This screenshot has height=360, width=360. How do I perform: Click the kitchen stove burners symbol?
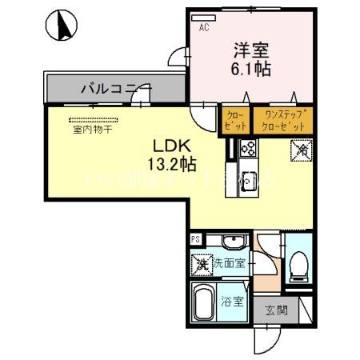(x=247, y=148)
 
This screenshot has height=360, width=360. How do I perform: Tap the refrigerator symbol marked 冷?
(x=304, y=149)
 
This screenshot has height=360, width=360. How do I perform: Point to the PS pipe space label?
(x=195, y=239)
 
